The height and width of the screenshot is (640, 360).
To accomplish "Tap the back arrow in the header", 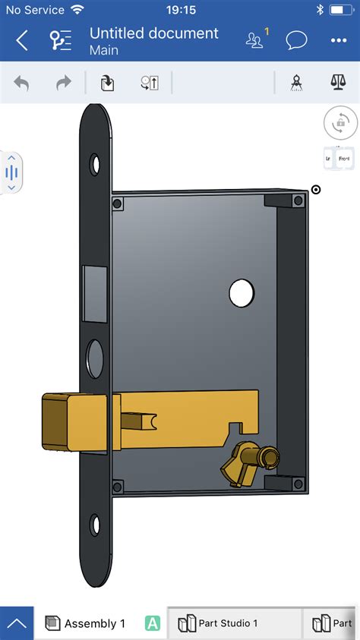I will (x=22, y=40).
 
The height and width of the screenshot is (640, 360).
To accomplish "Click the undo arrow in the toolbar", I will (x=21, y=83).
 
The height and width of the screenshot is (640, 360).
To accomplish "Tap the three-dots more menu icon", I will (x=338, y=40).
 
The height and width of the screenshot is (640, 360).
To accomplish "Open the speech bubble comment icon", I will (x=296, y=40).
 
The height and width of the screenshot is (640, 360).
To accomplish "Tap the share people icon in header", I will (x=255, y=40).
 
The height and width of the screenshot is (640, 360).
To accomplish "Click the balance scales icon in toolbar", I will (x=338, y=83).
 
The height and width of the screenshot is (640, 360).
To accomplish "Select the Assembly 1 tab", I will (x=86, y=623).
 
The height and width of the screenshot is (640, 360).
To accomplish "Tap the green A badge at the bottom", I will (x=153, y=623).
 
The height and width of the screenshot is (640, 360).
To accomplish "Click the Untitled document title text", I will (x=153, y=33).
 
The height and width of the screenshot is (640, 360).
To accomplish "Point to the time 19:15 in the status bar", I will (x=180, y=10).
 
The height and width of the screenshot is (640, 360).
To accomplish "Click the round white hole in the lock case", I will (x=242, y=292).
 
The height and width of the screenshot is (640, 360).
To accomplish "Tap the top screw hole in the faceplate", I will (x=95, y=162).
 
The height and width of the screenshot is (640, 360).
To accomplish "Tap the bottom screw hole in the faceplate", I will (x=95, y=524).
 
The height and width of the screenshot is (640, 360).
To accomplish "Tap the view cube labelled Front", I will (x=344, y=158).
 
